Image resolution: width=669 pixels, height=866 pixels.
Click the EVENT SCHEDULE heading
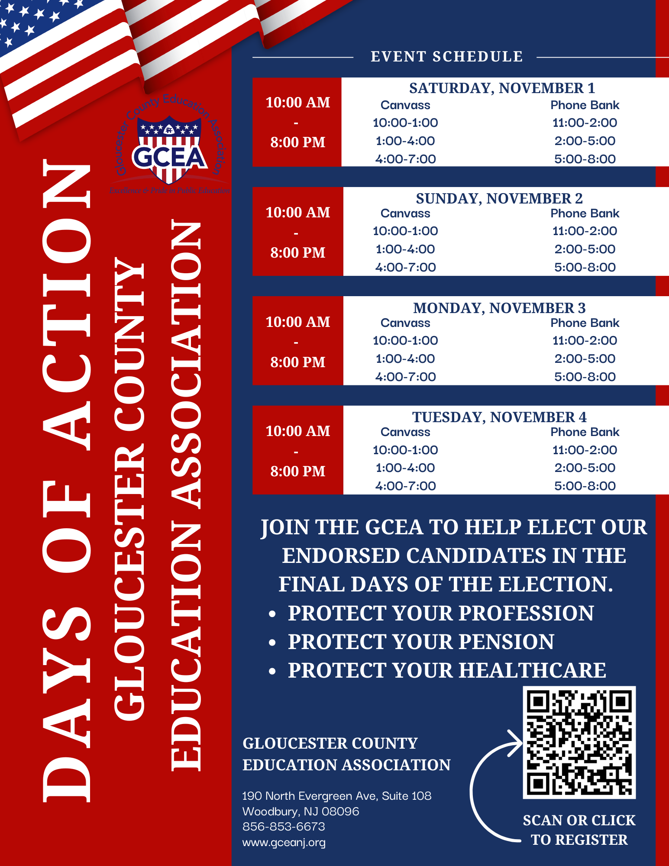pos(446,57)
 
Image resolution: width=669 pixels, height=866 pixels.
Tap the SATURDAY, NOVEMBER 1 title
pos(502,88)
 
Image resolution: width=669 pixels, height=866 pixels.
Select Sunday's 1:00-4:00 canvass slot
pos(405,249)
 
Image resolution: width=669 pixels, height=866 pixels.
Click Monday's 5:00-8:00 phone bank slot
pos(585,377)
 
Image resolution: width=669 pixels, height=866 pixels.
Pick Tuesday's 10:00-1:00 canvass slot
pos(405,450)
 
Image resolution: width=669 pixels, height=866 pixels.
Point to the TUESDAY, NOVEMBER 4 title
pos(499,417)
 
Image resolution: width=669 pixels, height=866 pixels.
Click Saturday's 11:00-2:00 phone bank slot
pos(585,123)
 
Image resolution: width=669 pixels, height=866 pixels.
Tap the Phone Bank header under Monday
pos(585,323)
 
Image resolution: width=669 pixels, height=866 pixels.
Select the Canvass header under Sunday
pos(405,213)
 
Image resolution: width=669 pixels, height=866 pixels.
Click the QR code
pos(579,742)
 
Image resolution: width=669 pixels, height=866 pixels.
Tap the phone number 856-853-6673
pos(284,827)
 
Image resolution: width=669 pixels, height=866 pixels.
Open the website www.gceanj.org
pos(284,843)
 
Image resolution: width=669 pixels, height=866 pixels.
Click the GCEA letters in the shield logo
pos(169,157)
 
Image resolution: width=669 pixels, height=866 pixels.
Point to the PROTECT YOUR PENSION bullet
pos(421,642)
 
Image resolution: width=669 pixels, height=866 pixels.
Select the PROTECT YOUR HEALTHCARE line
pos(447,670)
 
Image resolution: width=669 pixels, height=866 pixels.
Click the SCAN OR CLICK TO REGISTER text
pos(579,830)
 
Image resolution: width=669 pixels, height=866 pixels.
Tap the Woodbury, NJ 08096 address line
pos(301,811)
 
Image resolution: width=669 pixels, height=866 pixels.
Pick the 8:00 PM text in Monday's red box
pos(298,362)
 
